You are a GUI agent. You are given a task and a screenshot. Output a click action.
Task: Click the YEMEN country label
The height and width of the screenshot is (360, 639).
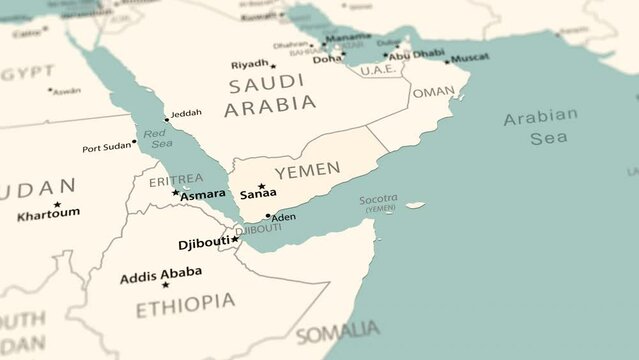click(x=307, y=171)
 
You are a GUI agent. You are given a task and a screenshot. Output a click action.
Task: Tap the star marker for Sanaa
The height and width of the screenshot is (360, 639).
click(x=261, y=186)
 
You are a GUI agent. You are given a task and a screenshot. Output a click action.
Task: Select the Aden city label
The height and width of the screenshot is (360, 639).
click(x=284, y=217)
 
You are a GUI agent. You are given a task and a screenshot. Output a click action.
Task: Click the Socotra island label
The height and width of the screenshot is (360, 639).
click(x=379, y=199)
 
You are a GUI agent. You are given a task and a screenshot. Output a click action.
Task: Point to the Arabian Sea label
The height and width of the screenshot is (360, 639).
click(x=540, y=127)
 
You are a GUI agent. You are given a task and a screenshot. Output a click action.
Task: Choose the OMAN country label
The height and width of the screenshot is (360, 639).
click(x=433, y=91)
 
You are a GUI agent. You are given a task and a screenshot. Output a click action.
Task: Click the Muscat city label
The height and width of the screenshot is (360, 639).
click(x=470, y=58)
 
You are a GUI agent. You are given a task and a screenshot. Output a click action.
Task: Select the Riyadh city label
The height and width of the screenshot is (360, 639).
click(x=249, y=64)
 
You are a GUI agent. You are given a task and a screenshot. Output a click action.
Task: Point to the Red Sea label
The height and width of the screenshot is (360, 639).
click(x=157, y=138)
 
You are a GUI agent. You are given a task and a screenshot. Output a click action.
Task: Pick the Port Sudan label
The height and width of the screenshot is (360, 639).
click(x=106, y=148)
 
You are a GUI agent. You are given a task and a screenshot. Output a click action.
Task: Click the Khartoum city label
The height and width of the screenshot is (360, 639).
click(x=48, y=213)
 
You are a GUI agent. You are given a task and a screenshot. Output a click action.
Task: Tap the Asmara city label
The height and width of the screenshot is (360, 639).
click(x=203, y=194)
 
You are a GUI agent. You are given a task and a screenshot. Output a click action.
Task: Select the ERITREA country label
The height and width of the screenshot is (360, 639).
click(x=175, y=180)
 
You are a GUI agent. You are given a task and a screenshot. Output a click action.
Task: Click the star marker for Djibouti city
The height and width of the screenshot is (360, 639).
click(x=235, y=239)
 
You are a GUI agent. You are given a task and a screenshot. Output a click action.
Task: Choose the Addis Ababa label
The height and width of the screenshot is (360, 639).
click(x=160, y=273)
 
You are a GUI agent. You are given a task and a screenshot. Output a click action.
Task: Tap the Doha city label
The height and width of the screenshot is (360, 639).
click(x=327, y=59)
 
